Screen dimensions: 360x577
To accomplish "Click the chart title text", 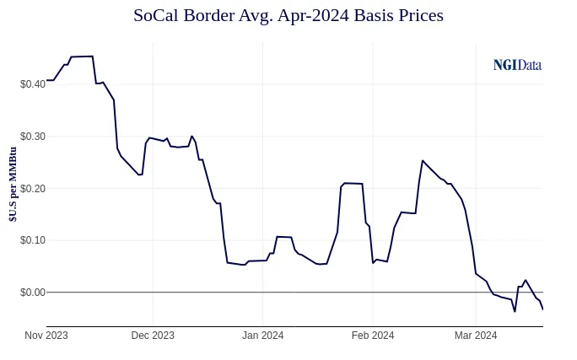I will coord(288,15).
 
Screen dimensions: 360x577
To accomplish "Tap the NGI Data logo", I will coord(517,65).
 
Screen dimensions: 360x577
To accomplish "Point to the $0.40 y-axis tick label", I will coord(32,83).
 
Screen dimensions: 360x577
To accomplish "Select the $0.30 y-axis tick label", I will coord(32,136).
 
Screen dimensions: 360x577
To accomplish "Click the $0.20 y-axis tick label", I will coord(32,188).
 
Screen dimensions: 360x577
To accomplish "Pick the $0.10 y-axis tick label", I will coord(32,240).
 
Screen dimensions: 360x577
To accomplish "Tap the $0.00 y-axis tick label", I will coord(32,293).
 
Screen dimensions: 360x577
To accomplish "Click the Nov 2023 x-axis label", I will coord(46,336).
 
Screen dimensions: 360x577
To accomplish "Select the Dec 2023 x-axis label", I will coord(153,336).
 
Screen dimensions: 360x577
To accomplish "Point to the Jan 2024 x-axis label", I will coord(262,336).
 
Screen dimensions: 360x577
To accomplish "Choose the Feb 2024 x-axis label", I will coord(372,336).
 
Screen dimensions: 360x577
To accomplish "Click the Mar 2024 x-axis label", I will coord(475,336).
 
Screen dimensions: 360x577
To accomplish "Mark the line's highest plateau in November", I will coord(82,56).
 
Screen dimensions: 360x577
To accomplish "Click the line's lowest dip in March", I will coord(515,311).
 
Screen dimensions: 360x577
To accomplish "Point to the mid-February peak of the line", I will coord(423,160).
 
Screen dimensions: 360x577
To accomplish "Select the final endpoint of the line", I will coord(542,309).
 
